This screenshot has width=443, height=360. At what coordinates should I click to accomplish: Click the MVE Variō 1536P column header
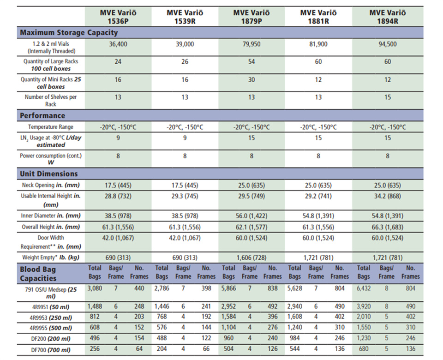click(118, 17)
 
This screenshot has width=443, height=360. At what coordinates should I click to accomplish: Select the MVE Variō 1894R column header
click(388, 17)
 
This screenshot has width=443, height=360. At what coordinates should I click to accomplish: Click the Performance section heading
click(42, 115)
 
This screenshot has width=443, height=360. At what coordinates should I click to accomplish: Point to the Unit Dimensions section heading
click(48, 174)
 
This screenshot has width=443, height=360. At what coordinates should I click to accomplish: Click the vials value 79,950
click(251, 44)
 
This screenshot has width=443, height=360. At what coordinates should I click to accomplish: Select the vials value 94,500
click(388, 44)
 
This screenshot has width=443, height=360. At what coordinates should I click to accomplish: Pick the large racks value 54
click(251, 61)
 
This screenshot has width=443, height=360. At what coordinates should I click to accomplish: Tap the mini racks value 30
click(251, 80)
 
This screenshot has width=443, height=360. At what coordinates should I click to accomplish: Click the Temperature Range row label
click(51, 127)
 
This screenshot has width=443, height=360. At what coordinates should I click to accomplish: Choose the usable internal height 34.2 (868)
click(388, 196)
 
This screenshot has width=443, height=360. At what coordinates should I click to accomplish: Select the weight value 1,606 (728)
click(251, 258)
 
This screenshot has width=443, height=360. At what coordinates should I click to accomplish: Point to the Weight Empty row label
click(51, 258)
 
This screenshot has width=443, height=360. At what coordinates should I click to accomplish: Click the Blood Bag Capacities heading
click(38, 274)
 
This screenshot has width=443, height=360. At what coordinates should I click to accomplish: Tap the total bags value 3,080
click(95, 288)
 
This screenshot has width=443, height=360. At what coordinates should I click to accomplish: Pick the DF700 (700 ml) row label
click(51, 350)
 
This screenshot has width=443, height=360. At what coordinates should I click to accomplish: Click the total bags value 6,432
click(364, 288)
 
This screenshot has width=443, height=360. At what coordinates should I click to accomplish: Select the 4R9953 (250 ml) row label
click(51, 318)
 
